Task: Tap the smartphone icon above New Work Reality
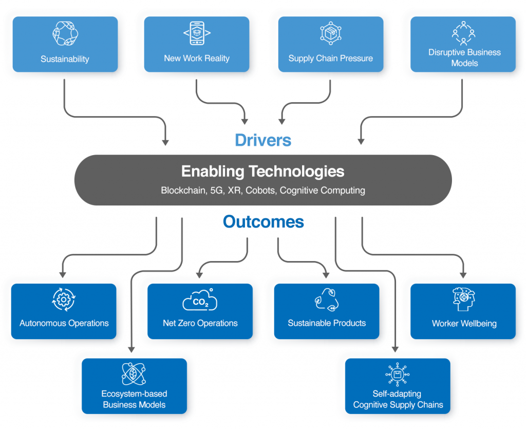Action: pos(197,33)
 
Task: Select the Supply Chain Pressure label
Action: pos(330,58)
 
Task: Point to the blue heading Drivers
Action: pos(263,140)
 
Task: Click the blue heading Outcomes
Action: pos(263,222)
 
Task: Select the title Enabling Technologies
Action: pos(263,171)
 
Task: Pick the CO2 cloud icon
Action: pos(200,301)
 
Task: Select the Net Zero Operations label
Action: pos(200,323)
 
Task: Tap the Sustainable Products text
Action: pos(327,323)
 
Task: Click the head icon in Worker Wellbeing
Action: pos(463,300)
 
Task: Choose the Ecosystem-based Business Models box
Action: pos(134,386)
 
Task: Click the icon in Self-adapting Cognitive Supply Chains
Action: pos(397,375)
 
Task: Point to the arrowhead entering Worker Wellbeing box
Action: pos(463,275)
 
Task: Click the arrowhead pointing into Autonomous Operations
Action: pos(63,275)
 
